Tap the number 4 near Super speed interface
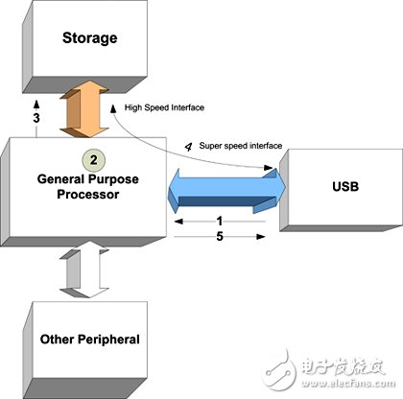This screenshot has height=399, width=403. coord(188,146)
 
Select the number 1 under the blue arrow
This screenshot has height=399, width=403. coord(220,220)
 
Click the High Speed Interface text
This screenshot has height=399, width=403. coord(163,106)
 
